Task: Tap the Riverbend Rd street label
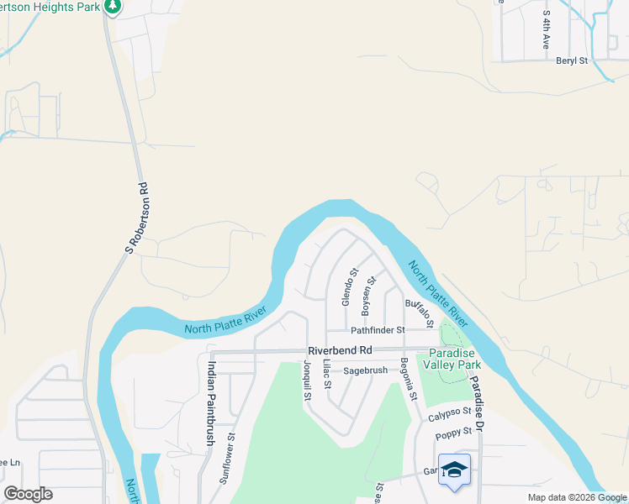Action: pos(340,350)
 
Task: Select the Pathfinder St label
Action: pos(378,330)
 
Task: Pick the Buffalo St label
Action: pos(419,312)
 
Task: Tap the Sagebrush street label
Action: pos(364,370)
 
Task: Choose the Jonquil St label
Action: pos(307,381)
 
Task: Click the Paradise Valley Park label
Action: pos(455,359)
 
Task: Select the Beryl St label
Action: pos(572,60)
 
